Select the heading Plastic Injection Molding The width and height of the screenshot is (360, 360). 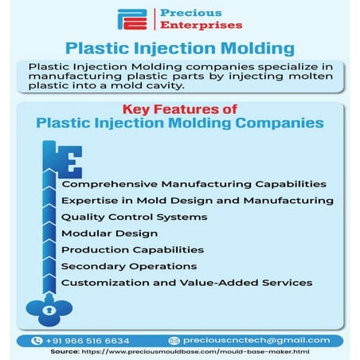tap(179, 48)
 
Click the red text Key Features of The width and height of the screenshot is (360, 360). tap(179, 109)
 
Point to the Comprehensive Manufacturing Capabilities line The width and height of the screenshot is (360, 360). tap(182, 184)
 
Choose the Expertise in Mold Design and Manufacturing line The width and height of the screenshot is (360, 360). tap(197, 200)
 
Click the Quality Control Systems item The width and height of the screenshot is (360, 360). tap(134, 217)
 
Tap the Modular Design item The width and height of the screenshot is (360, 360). tap(109, 233)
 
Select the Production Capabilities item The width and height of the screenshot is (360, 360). tap(132, 249)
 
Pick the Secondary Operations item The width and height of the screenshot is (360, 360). tap(128, 266)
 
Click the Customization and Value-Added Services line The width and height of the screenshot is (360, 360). tap(186, 282)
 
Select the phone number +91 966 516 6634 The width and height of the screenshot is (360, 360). tap(88, 340)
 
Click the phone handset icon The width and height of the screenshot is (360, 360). tap(36, 340)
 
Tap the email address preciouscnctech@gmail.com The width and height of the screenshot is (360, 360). tap(254, 340)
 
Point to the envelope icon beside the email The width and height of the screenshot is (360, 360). tap(175, 340)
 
